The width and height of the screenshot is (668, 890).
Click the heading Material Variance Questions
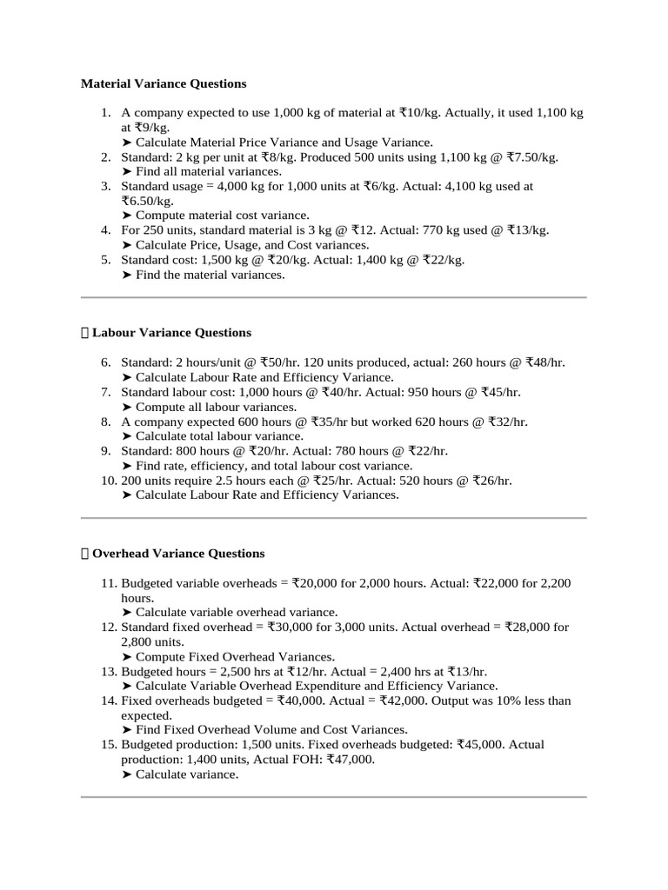pos(164,83)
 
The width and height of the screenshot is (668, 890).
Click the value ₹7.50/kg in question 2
pos(531,156)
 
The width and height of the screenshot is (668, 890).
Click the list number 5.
pos(105,259)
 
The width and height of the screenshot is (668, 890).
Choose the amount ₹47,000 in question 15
pos(348,759)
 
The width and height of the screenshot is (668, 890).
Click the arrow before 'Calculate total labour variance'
pos(127,435)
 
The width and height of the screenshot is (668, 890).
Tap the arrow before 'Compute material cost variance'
pos(127,215)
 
